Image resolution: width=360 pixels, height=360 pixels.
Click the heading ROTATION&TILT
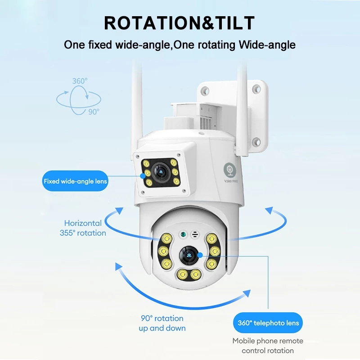click(x=179, y=23)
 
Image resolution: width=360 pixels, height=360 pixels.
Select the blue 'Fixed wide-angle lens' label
click(x=75, y=181)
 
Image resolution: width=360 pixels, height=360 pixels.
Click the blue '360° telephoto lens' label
click(x=268, y=323)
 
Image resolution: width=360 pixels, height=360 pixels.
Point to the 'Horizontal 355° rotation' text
click(x=83, y=228)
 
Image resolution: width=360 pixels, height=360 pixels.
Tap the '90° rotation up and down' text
click(x=162, y=323)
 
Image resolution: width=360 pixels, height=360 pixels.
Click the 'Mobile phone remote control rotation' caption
click(x=268, y=346)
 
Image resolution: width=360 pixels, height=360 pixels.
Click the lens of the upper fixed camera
click(x=161, y=172)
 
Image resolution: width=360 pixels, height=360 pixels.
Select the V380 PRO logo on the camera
click(x=230, y=173)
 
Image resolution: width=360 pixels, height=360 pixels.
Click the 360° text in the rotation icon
click(x=80, y=81)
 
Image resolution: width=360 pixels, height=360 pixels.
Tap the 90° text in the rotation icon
click(x=94, y=112)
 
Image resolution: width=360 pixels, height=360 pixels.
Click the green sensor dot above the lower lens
click(x=183, y=234)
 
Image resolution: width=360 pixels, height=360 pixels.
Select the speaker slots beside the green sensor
click(x=195, y=234)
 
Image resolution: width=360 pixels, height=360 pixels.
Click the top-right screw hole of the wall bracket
click(x=256, y=89)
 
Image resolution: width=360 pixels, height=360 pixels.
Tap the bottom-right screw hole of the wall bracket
click(x=256, y=142)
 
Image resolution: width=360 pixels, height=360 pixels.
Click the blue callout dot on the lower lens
click(x=200, y=255)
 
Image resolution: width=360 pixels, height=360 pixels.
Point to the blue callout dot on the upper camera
click(x=143, y=176)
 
